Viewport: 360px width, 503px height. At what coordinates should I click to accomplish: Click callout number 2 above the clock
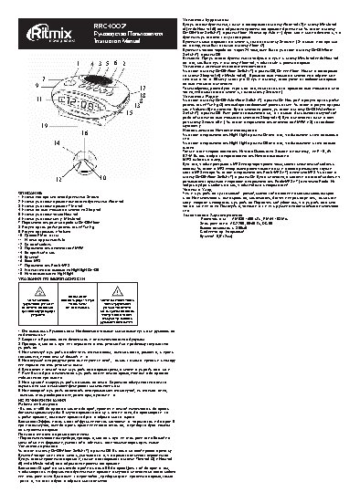tap(123, 63)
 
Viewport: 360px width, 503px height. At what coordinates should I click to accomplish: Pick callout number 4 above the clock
tap(92, 63)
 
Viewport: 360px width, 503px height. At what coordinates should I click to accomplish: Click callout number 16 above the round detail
tap(84, 132)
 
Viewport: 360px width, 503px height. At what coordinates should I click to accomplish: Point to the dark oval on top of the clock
tap(97, 79)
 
